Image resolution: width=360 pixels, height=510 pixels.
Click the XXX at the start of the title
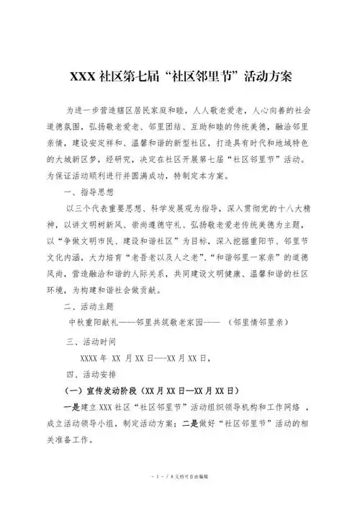81,76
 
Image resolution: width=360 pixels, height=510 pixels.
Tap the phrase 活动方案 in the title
266,76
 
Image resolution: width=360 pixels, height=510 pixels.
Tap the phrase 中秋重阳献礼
94,323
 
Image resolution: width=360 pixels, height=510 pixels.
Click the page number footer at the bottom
179,497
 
